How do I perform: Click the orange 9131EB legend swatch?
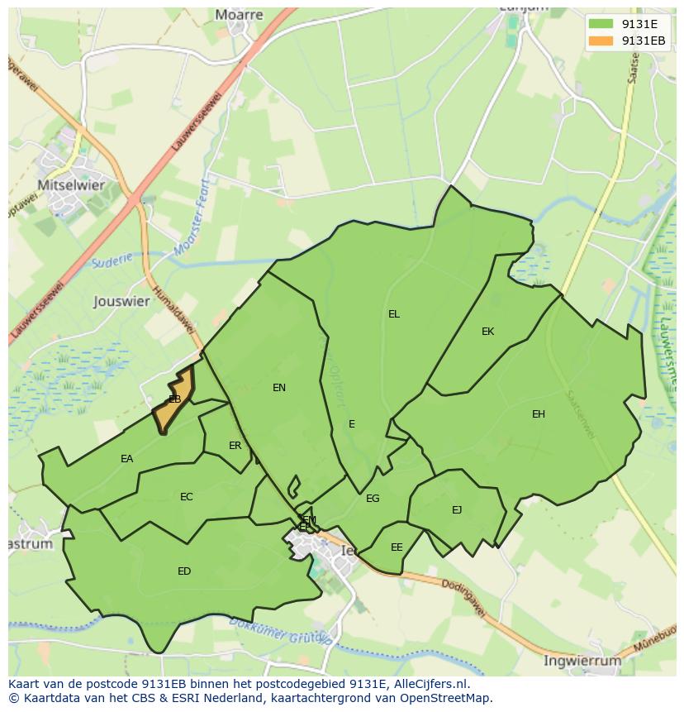[601, 41]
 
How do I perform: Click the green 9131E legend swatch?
[601, 23]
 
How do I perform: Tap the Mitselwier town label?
[72, 185]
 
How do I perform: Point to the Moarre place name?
[239, 15]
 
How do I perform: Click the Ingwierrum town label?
[582, 661]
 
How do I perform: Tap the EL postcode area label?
[394, 314]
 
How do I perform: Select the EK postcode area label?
[487, 332]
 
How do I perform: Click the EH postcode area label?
[539, 414]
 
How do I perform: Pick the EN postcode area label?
[279, 387]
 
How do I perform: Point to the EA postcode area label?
[126, 459]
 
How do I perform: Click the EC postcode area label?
[186, 497]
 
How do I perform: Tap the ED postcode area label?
[184, 571]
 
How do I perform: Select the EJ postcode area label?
[457, 510]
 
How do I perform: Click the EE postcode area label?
[397, 547]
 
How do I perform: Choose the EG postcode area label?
[373, 499]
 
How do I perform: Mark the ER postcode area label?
[235, 446]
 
